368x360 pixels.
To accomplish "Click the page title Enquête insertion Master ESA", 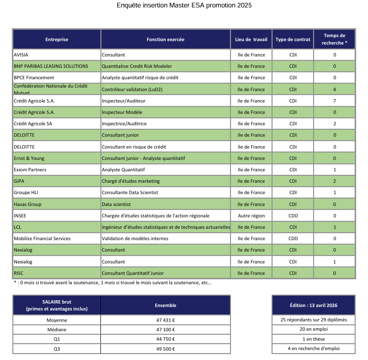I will [184, 5].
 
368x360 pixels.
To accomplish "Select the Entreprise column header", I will [57, 40].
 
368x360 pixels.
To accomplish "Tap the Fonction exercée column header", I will [166, 40].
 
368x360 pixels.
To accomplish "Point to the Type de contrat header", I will [293, 40].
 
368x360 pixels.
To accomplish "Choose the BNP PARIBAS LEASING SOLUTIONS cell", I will [51, 66].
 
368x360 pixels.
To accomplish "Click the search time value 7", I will [335, 101].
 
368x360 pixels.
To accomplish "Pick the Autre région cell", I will [251, 215].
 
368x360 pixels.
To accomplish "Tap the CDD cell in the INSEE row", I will [293, 215].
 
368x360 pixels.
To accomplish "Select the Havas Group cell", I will [28, 204].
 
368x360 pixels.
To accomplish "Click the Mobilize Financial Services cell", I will [42, 238].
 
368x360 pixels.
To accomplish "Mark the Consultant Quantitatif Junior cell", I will [133, 273].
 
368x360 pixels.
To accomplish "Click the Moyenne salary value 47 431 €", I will [166, 320].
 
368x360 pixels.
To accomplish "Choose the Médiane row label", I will [57, 329].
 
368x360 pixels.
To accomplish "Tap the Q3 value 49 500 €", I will [166, 349].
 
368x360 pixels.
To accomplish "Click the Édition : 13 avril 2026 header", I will [314, 305].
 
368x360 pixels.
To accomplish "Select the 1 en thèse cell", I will [314, 339].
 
